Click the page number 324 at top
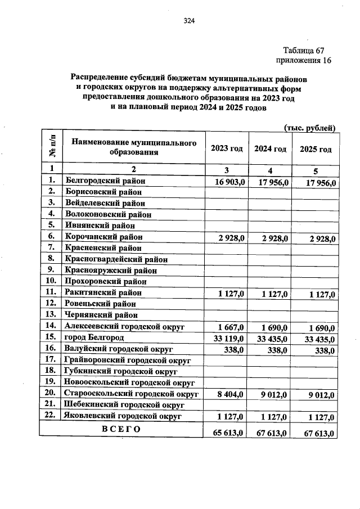[x=188, y=21]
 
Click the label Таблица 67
[x=303, y=50]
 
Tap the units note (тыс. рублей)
[x=310, y=128]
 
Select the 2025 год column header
[x=316, y=149]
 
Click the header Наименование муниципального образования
[x=134, y=147]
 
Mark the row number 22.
[x=51, y=416]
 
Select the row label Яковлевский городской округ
[x=123, y=416]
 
